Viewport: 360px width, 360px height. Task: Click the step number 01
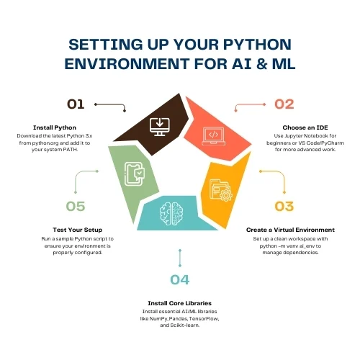(76, 104)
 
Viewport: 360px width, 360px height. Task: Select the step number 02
(284, 104)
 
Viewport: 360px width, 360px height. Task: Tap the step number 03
(284, 207)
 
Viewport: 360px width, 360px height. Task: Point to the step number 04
(180, 279)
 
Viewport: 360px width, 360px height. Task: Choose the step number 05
(76, 207)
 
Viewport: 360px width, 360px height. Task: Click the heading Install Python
(55, 127)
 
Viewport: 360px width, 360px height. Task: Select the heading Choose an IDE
(305, 127)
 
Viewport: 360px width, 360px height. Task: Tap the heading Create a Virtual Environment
(290, 230)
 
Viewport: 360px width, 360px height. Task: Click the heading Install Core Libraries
(180, 303)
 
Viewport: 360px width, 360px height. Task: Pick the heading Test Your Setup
(78, 230)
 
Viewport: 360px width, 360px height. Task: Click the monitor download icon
(160, 127)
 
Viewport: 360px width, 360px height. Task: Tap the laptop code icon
(214, 136)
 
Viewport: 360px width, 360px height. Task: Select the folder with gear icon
(221, 190)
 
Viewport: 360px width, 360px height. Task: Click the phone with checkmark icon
(135, 174)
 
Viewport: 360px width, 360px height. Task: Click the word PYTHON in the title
(257, 45)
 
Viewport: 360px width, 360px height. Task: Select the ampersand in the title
(261, 64)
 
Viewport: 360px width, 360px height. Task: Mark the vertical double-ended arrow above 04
(180, 258)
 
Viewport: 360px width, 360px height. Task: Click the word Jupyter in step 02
(292, 136)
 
